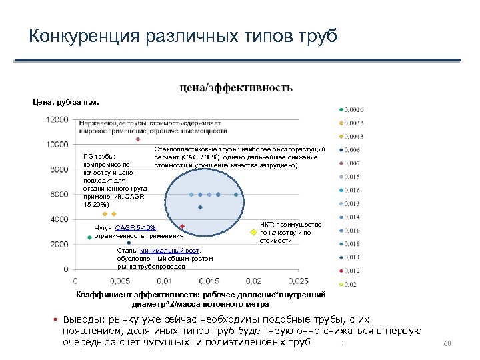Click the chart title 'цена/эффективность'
234,87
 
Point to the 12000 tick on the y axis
57,119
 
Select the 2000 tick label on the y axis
59,244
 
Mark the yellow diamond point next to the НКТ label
253,233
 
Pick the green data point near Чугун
89,237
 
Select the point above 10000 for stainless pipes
138,139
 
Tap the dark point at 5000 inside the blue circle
200,207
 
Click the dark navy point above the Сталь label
129,243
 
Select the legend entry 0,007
353,163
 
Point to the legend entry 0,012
353,271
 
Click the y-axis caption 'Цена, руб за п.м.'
65,102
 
